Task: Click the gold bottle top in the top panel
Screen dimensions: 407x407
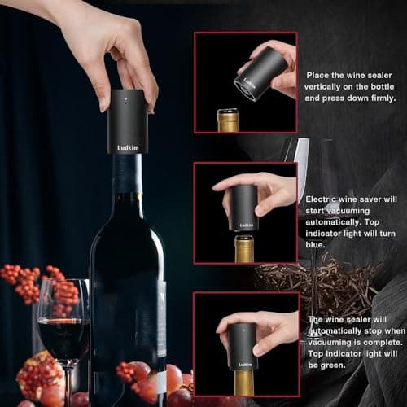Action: [228, 120]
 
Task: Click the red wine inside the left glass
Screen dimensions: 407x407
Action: [63, 335]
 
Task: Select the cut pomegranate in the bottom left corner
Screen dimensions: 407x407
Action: [37, 377]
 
